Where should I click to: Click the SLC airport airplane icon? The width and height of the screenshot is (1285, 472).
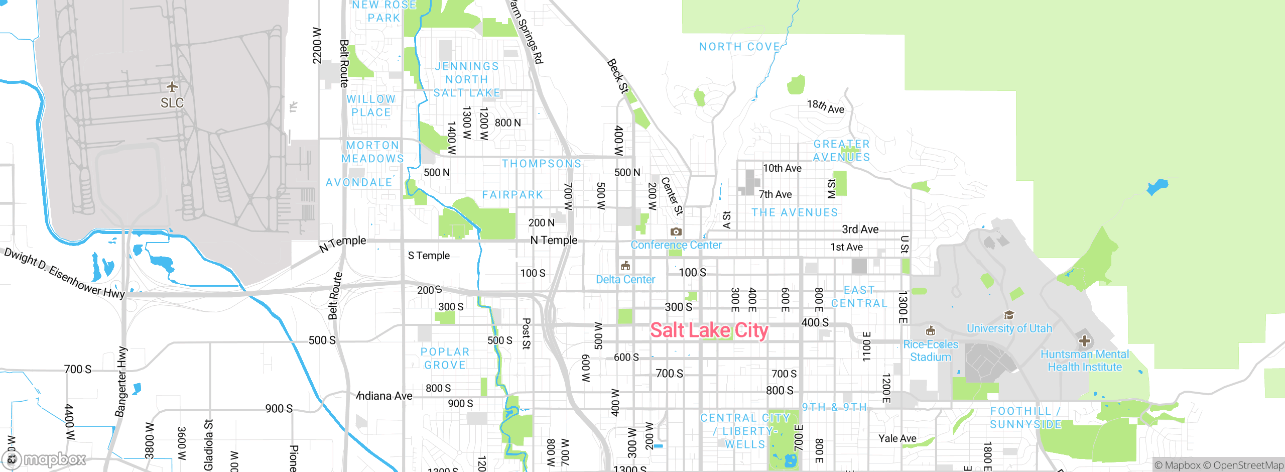click(x=172, y=87)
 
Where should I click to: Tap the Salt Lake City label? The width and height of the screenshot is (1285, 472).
click(x=709, y=330)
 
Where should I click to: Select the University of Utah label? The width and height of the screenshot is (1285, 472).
click(x=1009, y=328)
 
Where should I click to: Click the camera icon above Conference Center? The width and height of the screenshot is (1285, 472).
click(x=676, y=232)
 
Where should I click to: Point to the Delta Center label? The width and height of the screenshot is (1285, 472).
click(x=625, y=280)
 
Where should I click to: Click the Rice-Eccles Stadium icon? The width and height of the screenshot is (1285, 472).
click(x=931, y=331)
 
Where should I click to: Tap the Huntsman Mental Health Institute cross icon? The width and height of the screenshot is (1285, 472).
click(x=1084, y=341)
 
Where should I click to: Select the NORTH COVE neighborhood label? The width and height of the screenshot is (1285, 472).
click(x=739, y=47)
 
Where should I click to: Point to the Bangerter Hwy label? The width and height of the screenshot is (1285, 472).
click(x=121, y=382)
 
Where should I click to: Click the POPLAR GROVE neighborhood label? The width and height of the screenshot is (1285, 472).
click(x=445, y=359)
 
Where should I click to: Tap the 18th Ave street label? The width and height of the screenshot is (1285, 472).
click(x=826, y=106)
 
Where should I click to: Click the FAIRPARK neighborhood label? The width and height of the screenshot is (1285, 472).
click(x=512, y=195)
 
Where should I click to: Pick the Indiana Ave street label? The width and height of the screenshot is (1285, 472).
click(x=384, y=396)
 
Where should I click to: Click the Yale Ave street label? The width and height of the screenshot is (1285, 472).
click(x=897, y=438)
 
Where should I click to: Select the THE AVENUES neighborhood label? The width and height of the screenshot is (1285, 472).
click(x=795, y=212)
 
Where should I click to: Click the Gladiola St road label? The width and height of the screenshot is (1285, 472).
click(x=208, y=445)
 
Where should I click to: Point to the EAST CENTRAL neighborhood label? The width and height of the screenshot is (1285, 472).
click(x=859, y=297)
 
